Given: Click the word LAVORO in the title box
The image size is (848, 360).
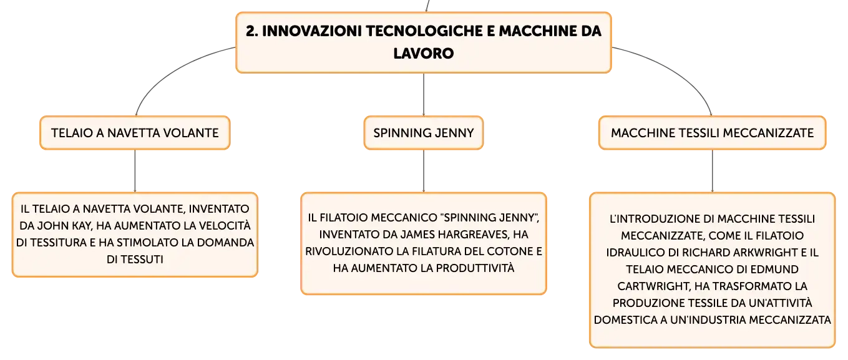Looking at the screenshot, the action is (423, 54).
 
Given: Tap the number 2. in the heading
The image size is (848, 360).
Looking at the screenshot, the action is (252, 31).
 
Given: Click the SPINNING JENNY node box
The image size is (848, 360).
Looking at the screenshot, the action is (424, 133).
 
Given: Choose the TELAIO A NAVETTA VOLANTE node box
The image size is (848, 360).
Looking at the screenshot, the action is (135, 133).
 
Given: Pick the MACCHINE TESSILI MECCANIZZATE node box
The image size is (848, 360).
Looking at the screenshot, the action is (712, 133).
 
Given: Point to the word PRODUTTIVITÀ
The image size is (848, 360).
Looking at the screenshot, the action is (475, 268).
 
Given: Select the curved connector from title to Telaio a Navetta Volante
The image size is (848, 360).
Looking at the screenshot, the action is (167, 71).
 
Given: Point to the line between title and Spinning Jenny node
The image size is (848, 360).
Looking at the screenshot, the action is (424, 95).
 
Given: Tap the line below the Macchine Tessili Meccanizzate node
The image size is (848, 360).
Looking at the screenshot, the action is (713, 171).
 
